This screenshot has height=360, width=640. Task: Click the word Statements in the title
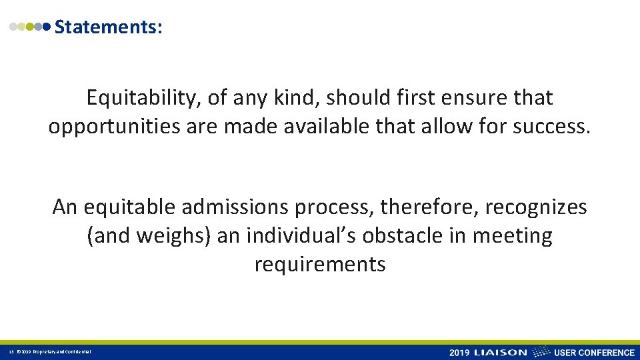(107, 27)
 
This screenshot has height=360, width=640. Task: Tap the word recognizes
(536, 207)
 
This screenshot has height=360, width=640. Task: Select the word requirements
(320, 264)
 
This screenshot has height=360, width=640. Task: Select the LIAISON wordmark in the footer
(500, 352)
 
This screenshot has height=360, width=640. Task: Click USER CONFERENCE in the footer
(595, 352)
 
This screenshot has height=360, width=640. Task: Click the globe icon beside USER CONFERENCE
(543, 351)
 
